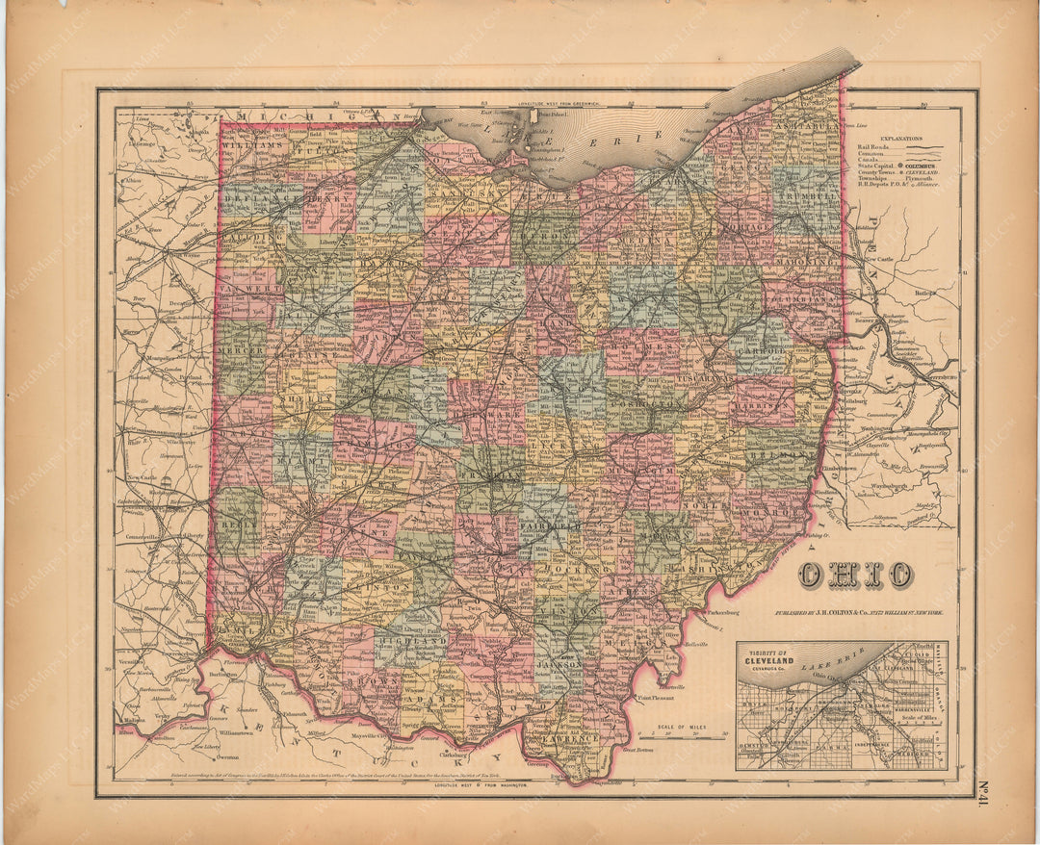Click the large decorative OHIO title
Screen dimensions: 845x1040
854,575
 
